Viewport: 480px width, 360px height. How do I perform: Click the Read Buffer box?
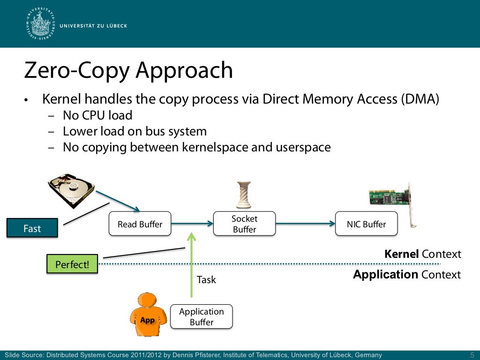click(140, 224)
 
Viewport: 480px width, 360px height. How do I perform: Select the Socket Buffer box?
click(244, 224)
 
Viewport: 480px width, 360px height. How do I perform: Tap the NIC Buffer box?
click(366, 224)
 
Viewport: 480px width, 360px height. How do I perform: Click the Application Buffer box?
click(202, 317)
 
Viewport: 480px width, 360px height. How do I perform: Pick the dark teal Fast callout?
click(32, 228)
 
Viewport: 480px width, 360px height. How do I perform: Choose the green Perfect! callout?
click(72, 264)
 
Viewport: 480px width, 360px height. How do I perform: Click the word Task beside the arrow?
click(206, 280)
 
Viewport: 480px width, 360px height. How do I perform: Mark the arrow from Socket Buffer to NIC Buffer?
click(305, 224)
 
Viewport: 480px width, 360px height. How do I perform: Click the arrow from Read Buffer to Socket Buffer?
click(192, 224)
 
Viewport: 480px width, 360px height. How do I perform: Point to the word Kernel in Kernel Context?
click(401, 254)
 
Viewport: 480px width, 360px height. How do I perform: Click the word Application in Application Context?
click(385, 275)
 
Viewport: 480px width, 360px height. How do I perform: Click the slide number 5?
click(472, 355)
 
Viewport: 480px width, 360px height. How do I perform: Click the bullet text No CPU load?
click(97, 115)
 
